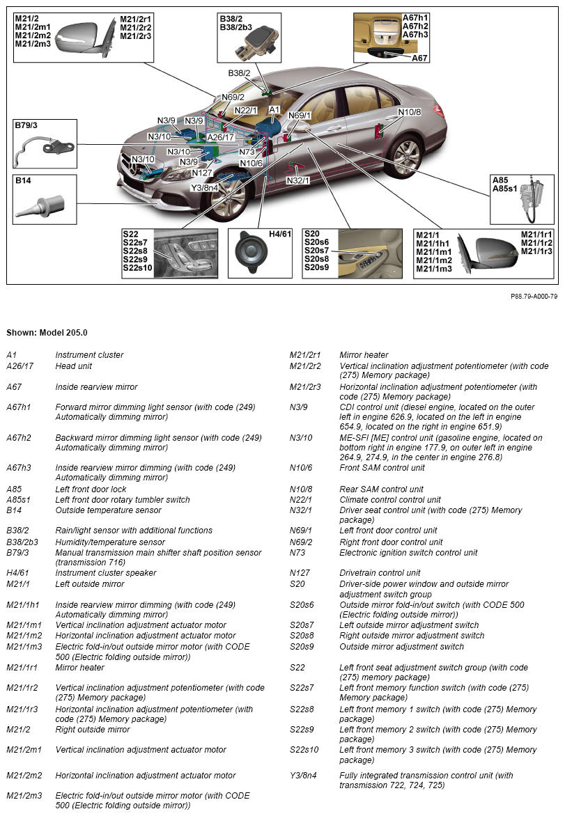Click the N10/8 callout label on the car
[410, 112]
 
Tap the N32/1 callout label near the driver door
[298, 180]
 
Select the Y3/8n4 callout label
[205, 187]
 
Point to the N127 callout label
[202, 173]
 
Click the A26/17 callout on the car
[221, 137]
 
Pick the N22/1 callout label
[246, 110]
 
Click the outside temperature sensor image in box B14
[40, 207]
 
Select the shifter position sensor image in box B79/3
[45, 148]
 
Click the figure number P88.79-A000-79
[534, 296]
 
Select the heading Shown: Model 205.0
[47, 333]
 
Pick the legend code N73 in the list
[297, 553]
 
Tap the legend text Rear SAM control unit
[381, 489]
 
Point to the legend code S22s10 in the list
[304, 750]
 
